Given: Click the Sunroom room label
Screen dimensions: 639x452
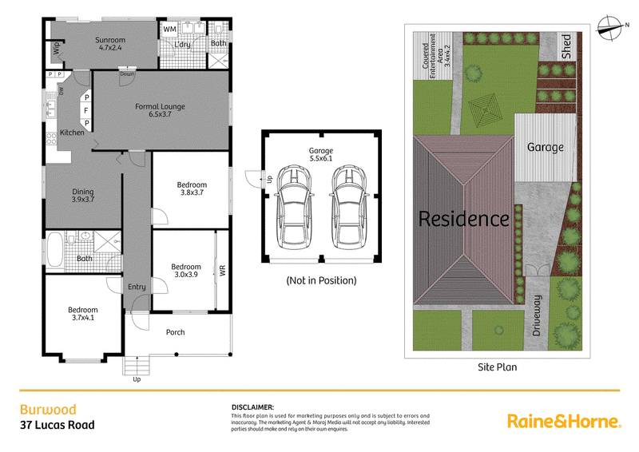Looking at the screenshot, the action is [110, 44].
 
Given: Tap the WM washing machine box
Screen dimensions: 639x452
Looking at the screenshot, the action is [169, 30].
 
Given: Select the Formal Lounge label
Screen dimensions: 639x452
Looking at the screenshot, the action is [160, 110].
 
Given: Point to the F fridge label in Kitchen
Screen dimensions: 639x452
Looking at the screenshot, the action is [86, 110].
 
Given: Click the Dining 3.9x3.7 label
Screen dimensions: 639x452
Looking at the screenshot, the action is [83, 195].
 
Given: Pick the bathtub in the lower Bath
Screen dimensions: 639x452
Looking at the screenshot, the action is [55, 248].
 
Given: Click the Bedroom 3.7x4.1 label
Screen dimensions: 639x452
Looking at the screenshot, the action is [83, 313].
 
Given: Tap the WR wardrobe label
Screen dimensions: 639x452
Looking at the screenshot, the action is [223, 271].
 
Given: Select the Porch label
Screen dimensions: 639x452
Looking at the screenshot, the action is [175, 332].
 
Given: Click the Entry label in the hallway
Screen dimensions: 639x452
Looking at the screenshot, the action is [137, 287].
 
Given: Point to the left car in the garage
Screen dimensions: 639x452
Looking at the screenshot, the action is [294, 206].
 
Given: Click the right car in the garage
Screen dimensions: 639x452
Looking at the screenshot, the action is [348, 206].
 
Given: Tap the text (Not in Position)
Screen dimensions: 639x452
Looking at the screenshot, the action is [321, 280].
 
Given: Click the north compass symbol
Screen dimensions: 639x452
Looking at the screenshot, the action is [610, 28].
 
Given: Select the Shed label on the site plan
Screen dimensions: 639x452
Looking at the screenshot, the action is [566, 46].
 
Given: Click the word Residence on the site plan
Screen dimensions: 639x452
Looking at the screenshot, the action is [464, 219].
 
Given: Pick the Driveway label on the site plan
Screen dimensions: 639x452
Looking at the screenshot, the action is [537, 315].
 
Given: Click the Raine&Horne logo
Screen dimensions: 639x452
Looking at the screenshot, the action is [565, 421].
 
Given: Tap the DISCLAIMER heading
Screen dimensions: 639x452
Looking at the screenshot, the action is [252, 407].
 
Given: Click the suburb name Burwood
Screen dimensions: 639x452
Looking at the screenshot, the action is [48, 410].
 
